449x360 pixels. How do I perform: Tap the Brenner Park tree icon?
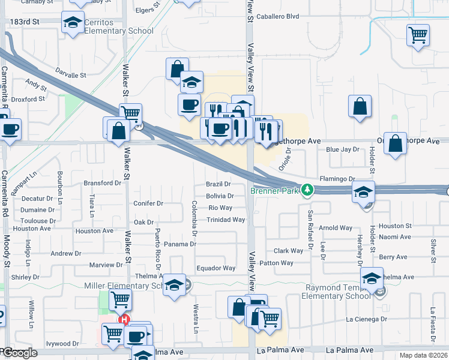tap(307, 190)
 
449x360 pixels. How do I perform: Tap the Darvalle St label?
tap(71, 76)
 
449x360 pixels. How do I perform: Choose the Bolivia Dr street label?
tap(220, 196)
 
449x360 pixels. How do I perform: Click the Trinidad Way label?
tap(226, 220)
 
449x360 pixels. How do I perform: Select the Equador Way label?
tap(216, 268)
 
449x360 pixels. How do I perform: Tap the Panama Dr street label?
tap(180, 244)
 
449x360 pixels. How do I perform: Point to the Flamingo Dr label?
tap(337, 179)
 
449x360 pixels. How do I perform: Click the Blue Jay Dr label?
tap(342, 150)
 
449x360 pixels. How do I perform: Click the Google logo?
tap(19, 353)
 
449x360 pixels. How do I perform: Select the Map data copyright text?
tap(424, 355)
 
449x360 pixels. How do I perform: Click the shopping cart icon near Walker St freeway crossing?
tap(130, 112)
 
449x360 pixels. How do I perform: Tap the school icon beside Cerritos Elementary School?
tap(73, 23)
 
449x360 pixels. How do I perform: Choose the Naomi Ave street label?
tap(395, 237)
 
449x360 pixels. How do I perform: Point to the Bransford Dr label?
tap(102, 183)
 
